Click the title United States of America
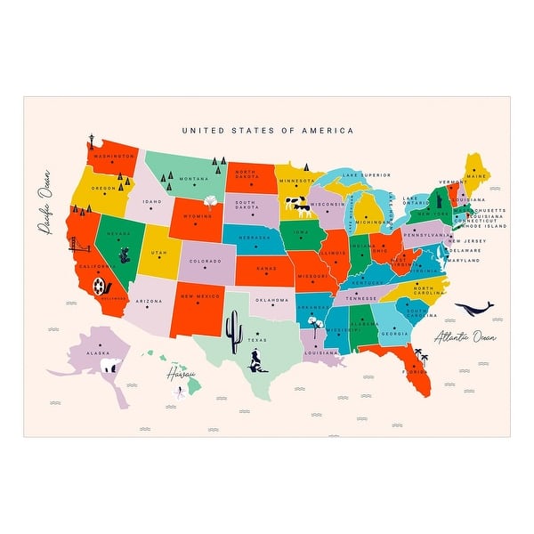(267, 130)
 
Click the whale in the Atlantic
(473, 309)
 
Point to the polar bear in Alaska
(109, 366)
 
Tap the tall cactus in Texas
(235, 332)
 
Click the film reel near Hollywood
(100, 286)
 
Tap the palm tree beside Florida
(423, 358)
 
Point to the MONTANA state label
(193, 179)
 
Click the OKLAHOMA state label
(273, 300)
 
